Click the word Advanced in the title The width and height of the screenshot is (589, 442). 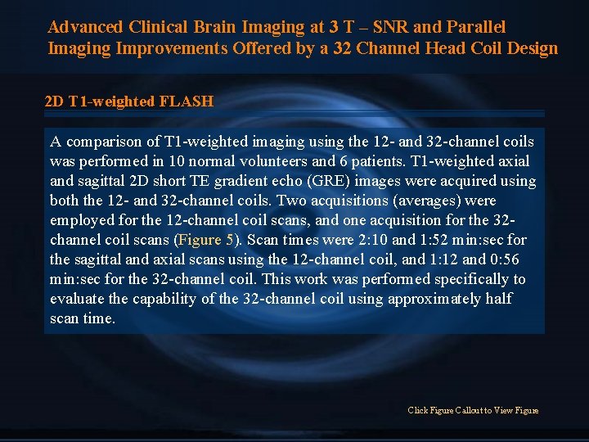coord(85,27)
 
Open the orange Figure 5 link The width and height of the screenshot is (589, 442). coord(205,240)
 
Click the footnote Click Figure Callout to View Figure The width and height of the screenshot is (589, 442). coord(473,410)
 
